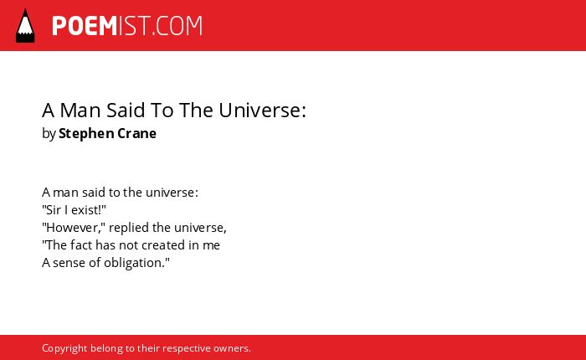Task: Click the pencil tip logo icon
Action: [x=25, y=26]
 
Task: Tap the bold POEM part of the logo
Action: [x=85, y=26]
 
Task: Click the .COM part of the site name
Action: [x=177, y=26]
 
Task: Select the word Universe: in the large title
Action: [x=262, y=111]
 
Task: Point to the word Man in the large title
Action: [x=80, y=111]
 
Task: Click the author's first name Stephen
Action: [x=86, y=134]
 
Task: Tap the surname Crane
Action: [x=136, y=133]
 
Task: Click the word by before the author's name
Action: [x=49, y=134]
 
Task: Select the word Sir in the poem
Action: [x=53, y=209]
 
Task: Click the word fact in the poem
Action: [x=81, y=244]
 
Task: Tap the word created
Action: [x=152, y=244]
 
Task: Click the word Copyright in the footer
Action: [x=64, y=348]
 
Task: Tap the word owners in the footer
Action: [x=230, y=348]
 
